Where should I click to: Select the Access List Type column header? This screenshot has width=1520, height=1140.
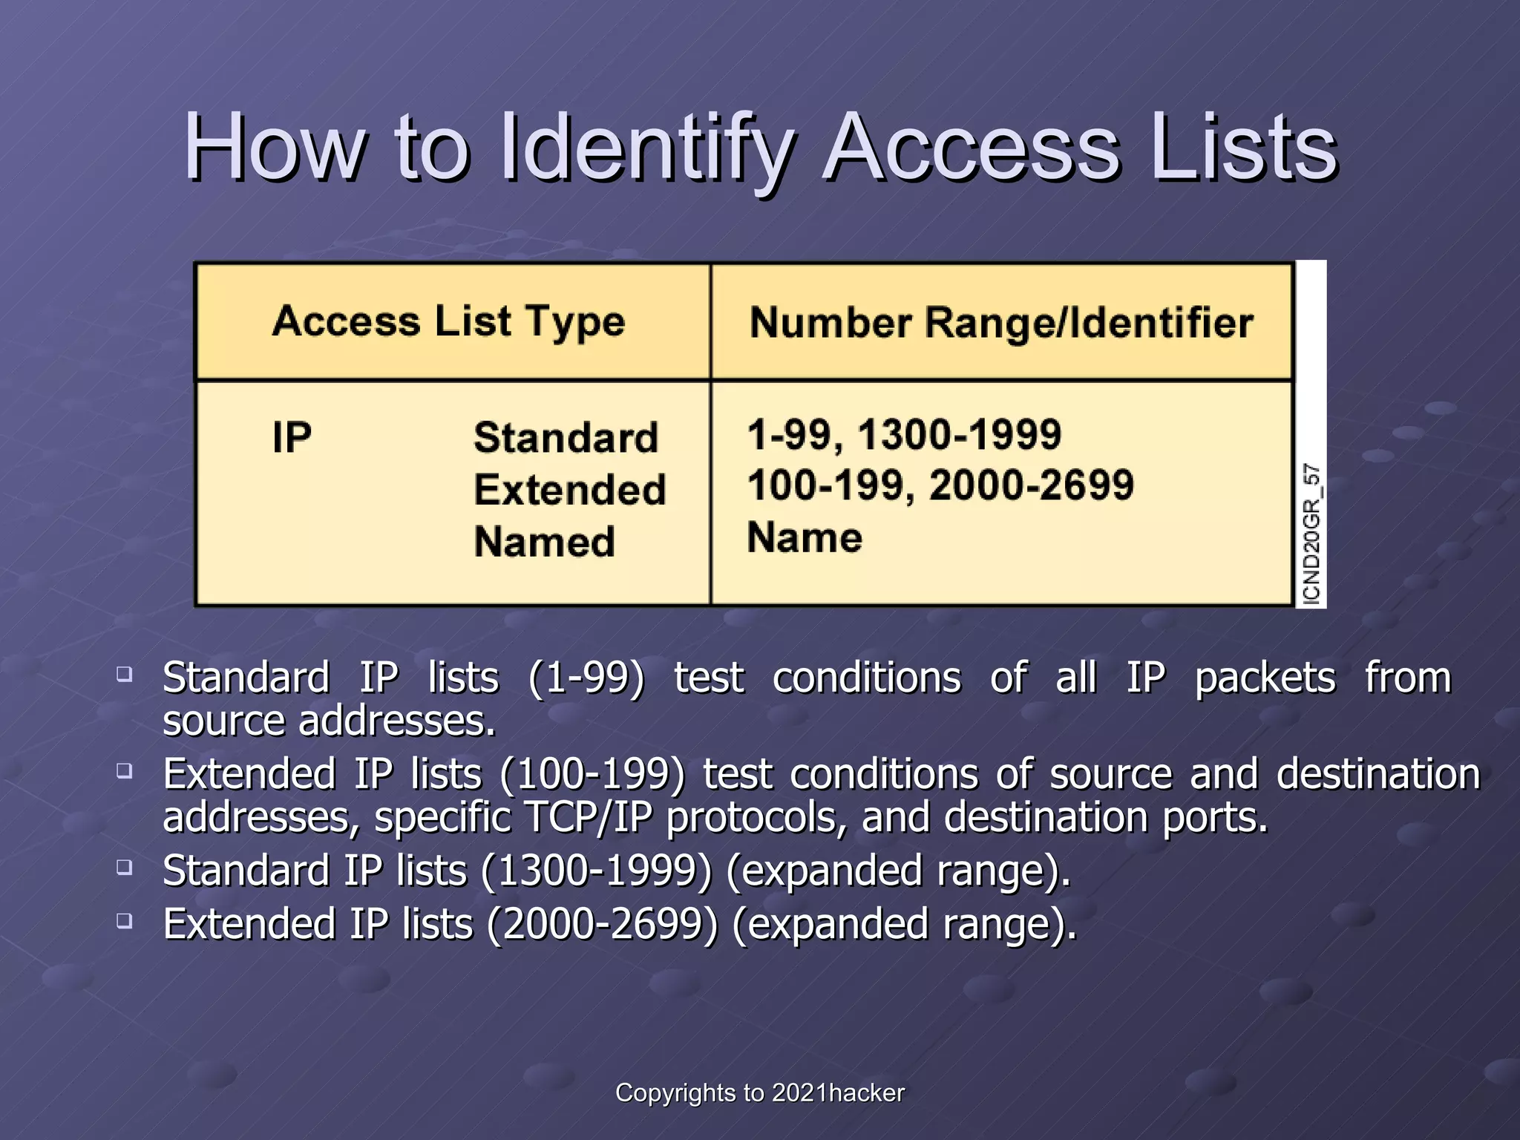point(448,321)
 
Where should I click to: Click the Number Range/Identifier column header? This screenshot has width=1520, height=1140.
point(1001,323)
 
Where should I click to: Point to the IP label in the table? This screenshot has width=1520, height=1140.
point(292,437)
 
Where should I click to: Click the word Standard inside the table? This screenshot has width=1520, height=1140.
point(566,437)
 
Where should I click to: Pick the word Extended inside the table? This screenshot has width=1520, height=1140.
point(569,490)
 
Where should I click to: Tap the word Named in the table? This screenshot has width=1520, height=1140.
point(544,542)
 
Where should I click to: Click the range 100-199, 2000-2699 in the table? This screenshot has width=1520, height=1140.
point(940,485)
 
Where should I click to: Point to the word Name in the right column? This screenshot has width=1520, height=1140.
point(805,537)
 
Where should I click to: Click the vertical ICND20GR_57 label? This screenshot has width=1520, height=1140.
point(1311,534)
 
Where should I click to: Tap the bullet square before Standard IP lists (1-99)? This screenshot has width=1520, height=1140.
point(125,674)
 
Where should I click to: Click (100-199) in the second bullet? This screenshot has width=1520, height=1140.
point(592,774)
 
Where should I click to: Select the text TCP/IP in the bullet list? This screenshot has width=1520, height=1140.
point(588,817)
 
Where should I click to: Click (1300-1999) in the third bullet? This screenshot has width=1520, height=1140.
point(597,871)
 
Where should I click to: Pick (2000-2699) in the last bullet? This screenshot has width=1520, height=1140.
point(603,925)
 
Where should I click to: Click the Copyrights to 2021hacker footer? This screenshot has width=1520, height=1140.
point(760,1092)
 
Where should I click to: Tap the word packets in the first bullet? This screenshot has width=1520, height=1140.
point(1265,678)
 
